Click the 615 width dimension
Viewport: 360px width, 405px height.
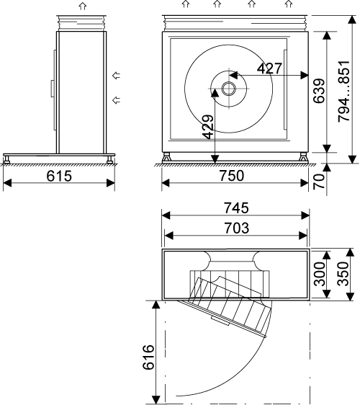[59, 176]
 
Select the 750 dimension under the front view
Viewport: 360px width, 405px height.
[232, 176]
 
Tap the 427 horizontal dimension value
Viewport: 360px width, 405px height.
[269, 68]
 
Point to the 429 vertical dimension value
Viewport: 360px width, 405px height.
[208, 127]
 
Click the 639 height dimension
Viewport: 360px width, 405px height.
[319, 91]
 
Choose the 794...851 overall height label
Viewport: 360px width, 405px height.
[344, 92]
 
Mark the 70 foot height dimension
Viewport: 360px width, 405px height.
[319, 182]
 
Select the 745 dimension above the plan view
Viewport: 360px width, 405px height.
[236, 208]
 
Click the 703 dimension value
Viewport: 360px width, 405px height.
[237, 228]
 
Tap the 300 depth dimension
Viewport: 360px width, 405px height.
[319, 274]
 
